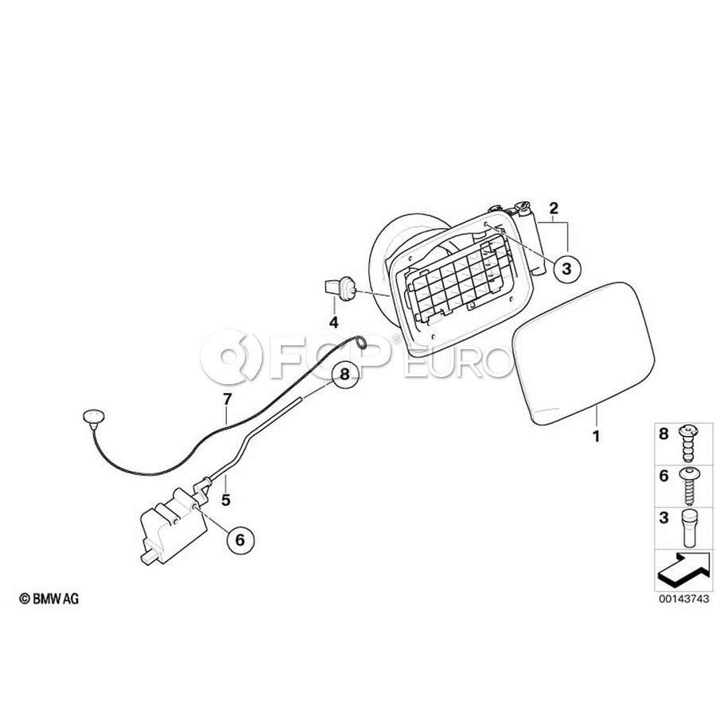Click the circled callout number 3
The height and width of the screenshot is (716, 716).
[x=566, y=269]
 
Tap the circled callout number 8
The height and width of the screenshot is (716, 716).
[x=344, y=375]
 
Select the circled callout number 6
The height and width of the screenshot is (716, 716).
[x=240, y=540]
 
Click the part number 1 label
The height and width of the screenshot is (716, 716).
[x=596, y=436]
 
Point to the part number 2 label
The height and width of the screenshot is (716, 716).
[x=554, y=208]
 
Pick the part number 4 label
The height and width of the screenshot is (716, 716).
[x=334, y=322]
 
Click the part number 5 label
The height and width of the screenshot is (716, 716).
[x=226, y=500]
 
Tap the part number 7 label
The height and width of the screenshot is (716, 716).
[x=228, y=399]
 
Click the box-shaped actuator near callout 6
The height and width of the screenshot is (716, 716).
[x=173, y=524]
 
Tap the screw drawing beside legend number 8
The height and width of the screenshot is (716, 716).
[x=687, y=443]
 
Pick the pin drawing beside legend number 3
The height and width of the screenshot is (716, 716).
[x=689, y=528]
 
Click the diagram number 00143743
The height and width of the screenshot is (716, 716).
[x=684, y=598]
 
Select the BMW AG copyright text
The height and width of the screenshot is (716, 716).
[x=49, y=598]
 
